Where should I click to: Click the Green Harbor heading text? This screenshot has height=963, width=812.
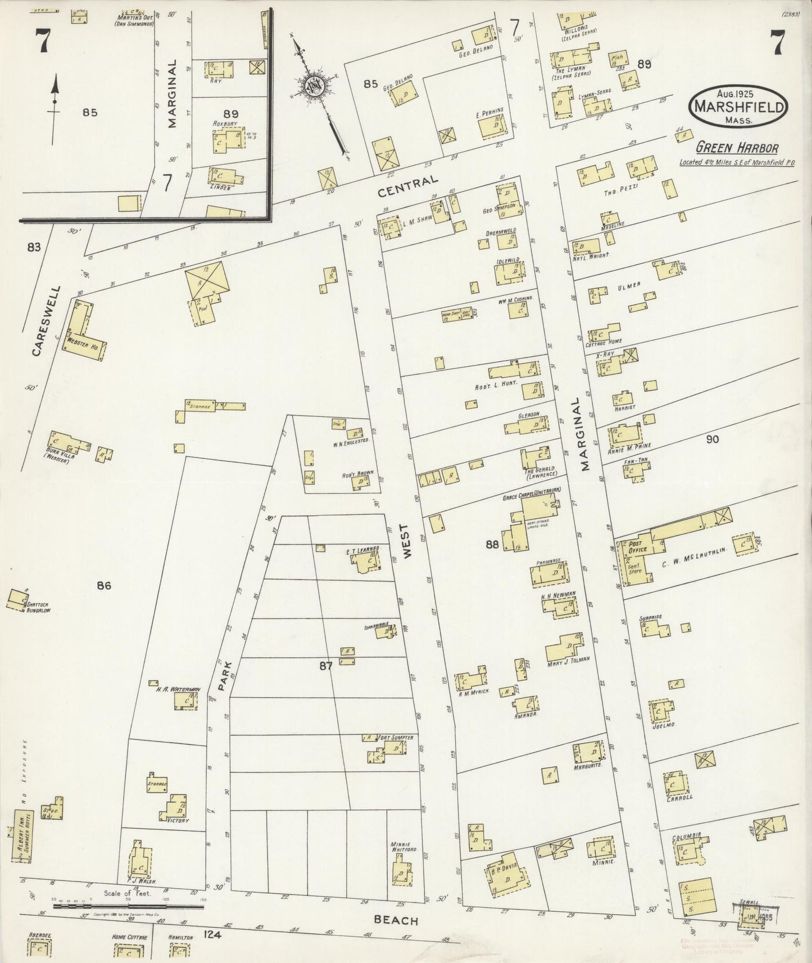[x=737, y=148]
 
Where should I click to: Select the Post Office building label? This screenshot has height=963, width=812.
[x=638, y=547]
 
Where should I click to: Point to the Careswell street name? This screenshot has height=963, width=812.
[x=39, y=322]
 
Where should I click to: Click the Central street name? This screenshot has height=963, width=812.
[x=407, y=187]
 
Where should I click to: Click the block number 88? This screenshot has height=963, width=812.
[x=492, y=543]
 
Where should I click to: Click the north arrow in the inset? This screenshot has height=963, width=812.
[x=55, y=102]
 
